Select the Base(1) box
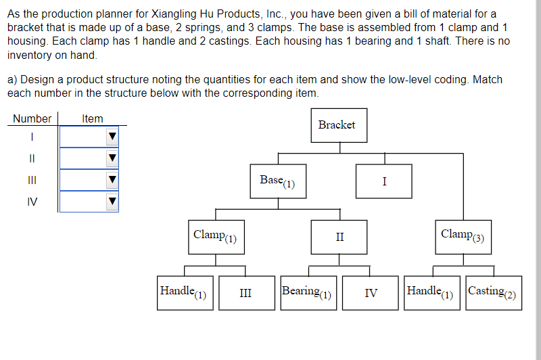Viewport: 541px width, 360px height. coord(278,181)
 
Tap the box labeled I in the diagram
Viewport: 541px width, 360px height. coord(384,181)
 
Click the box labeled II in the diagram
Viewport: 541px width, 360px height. coord(339,237)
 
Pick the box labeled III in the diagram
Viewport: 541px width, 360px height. coord(246,293)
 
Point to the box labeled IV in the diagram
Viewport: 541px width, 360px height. coord(371,293)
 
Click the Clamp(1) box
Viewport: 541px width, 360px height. coord(216,237)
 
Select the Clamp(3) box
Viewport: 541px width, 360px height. coord(463,237)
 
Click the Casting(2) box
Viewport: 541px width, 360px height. coord(494,293)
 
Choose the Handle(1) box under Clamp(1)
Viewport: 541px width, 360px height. coord(185,293)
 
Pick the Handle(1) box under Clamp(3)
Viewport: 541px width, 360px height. coord(431,293)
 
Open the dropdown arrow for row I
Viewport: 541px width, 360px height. coord(112,137)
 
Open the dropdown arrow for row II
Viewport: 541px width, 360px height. coord(112,159)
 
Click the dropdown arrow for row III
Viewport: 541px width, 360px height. coord(112,181)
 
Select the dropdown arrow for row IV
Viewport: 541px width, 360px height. coord(112,202)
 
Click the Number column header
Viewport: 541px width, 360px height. coord(32,119)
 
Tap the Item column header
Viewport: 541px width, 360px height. coord(93,119)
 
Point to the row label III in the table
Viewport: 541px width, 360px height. coord(32,181)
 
